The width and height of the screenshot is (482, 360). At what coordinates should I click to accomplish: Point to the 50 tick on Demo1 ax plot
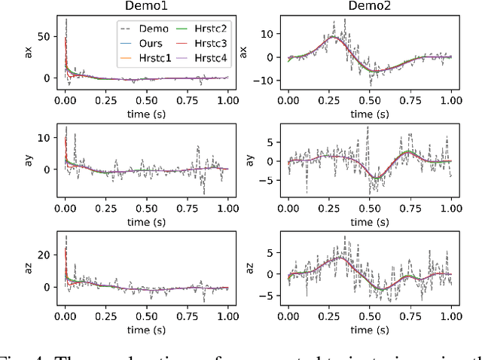pyautogui.click(x=43, y=36)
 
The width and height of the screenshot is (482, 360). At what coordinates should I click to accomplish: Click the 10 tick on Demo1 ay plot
pyautogui.click(x=43, y=138)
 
